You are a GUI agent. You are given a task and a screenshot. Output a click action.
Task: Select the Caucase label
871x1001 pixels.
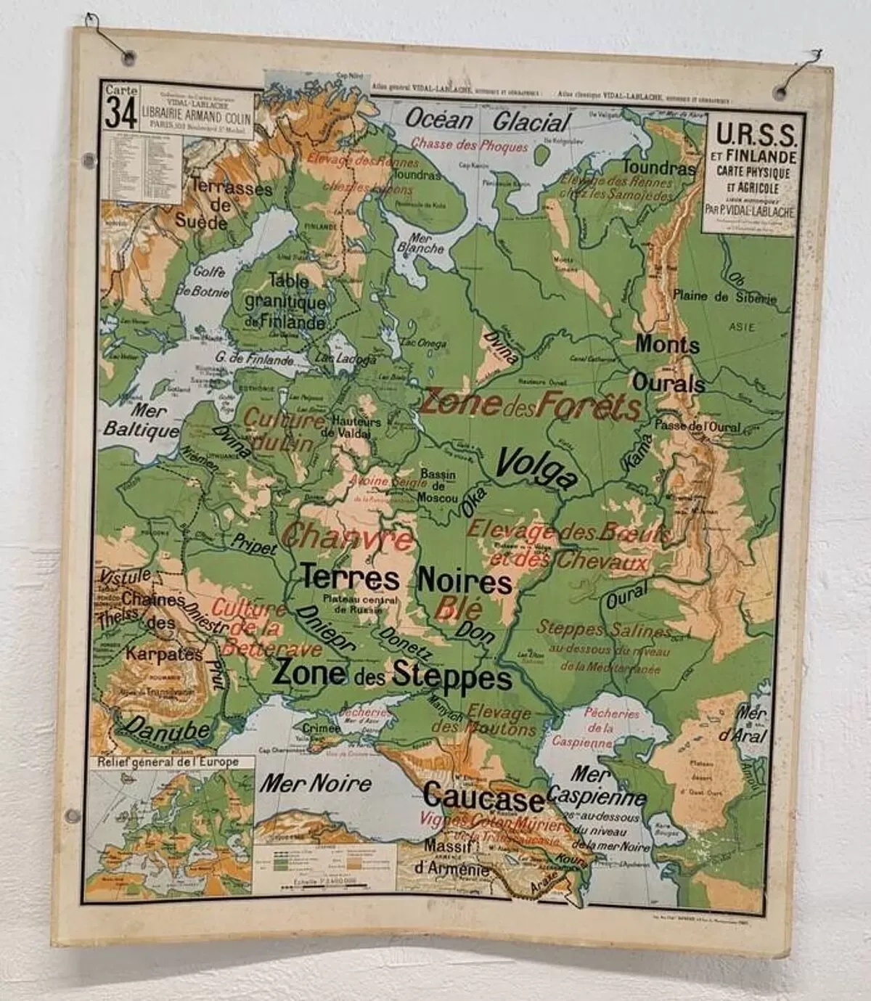coord(483,797)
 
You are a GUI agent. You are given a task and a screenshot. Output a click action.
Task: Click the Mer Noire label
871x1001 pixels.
coord(316,783)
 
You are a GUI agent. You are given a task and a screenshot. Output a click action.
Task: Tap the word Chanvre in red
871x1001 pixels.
coord(348,538)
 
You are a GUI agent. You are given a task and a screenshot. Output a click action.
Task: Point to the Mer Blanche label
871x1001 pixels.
coord(420,242)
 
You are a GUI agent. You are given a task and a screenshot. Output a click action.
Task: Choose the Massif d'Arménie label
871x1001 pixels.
coord(441,859)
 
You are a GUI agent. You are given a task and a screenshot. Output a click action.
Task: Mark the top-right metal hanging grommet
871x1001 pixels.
coord(782,91)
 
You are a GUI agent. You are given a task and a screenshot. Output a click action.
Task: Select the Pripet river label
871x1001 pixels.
coord(254,544)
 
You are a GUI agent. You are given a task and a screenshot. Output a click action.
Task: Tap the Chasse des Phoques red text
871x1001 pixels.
coord(469,145)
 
